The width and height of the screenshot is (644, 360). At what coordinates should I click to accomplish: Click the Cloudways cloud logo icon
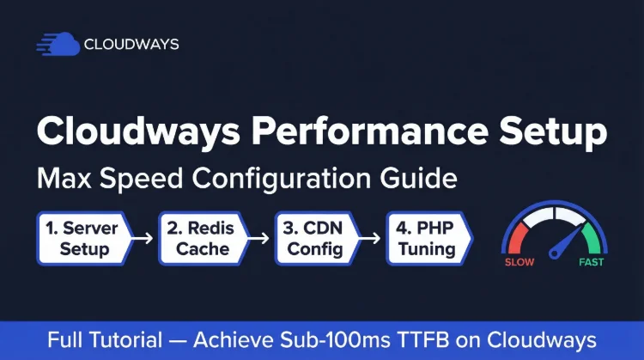58,44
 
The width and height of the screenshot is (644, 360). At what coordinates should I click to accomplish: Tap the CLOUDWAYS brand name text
131,45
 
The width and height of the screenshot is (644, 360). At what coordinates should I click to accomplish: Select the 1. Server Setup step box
84,238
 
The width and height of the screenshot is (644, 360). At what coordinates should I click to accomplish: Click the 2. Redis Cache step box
203,238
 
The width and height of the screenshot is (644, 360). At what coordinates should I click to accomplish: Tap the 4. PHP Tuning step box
428,238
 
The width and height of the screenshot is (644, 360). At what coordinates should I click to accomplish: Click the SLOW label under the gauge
519,262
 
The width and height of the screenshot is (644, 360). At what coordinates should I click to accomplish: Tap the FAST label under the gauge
592,262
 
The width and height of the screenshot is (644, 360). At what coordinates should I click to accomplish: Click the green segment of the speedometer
595,230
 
